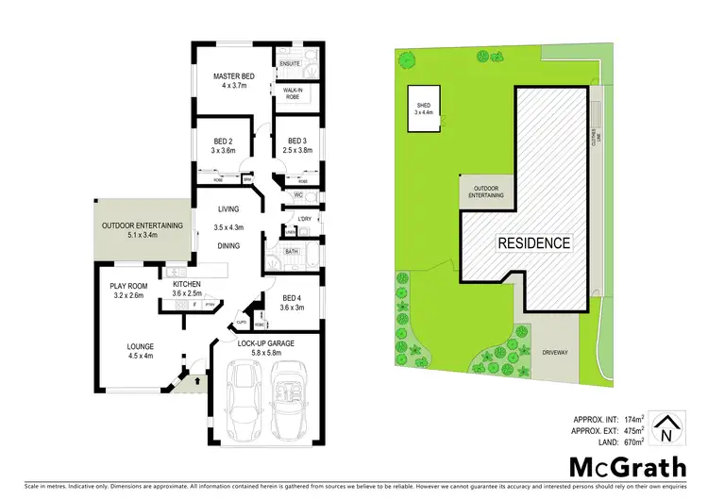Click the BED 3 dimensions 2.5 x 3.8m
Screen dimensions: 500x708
point(295,150)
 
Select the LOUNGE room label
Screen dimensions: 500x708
point(141,347)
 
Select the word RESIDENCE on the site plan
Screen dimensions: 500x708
point(534,242)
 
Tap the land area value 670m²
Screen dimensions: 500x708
point(632,441)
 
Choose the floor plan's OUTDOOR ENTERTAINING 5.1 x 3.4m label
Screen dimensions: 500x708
point(139,230)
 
